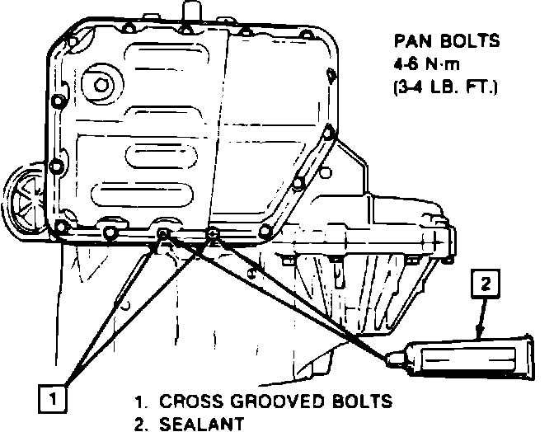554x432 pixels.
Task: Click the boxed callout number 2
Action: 486,285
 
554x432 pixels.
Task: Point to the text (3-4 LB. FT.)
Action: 447,86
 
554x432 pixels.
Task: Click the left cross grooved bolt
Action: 163,237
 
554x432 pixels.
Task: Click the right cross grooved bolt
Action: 214,235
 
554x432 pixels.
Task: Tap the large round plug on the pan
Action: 100,85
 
